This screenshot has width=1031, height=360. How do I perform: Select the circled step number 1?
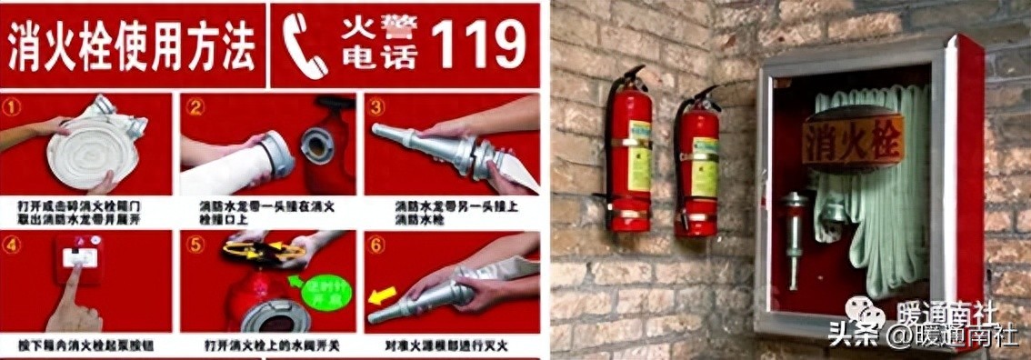(x=13, y=105)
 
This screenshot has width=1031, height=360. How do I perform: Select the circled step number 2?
(x=195, y=106)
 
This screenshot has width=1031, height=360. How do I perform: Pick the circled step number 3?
(x=376, y=105)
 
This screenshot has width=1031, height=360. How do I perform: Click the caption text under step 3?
(x=450, y=213)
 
